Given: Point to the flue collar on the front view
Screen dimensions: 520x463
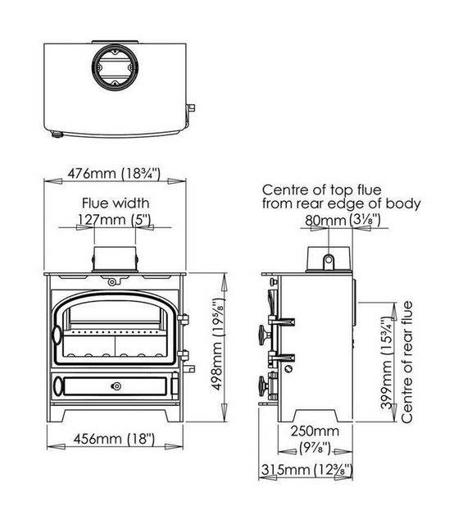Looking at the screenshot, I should [115, 258].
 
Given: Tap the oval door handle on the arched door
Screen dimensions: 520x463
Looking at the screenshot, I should [57, 335].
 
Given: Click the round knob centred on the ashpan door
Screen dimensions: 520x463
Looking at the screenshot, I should [116, 386].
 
